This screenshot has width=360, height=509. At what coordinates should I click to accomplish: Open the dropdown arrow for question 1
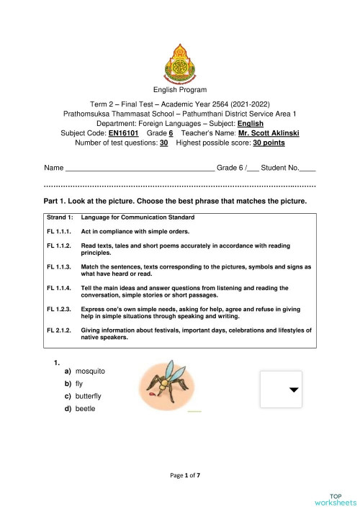[293, 389]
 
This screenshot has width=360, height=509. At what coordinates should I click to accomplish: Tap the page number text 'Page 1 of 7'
[179, 476]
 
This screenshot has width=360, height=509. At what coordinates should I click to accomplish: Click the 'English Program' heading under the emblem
[179, 90]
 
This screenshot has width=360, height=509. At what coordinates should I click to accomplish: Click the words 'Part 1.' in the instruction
[58, 200]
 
